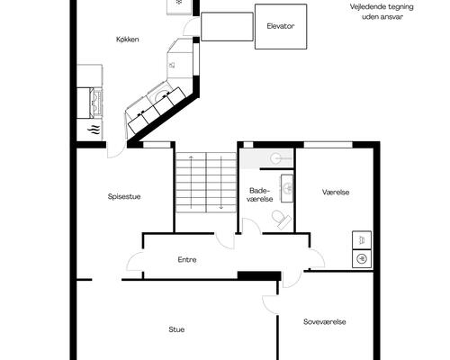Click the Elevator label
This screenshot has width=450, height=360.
tap(281, 26)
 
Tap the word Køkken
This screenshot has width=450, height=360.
tap(128, 40)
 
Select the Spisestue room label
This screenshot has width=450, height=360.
tap(124, 197)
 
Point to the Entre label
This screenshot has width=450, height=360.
tap(187, 260)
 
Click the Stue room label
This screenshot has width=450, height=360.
tap(176, 329)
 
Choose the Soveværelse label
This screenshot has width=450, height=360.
tap(325, 322)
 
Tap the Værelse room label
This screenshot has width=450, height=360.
tap(336, 193)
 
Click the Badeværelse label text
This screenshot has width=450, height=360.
tap(260, 194)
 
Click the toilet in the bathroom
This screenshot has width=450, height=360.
tap(281, 219)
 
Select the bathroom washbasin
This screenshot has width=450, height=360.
tap(287, 188)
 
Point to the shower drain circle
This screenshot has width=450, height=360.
tap(275, 158)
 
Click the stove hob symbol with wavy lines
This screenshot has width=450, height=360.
tap(94, 130)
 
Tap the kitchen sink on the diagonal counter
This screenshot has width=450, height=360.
tap(163, 95)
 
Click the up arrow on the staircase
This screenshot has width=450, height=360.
tap(191, 182)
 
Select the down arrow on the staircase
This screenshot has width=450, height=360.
tap(221, 182)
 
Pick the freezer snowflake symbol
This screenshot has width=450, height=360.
tap(179, 2)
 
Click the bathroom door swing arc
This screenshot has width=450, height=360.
tap(252, 225)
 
